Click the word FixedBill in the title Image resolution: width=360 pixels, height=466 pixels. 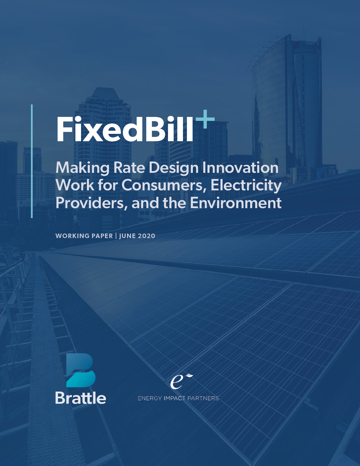[x=124, y=129]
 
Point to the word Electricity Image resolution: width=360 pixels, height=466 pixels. [x=246, y=185]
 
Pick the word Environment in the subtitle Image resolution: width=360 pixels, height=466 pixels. [x=235, y=203]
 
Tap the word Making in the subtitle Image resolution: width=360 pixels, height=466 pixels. [x=82, y=167]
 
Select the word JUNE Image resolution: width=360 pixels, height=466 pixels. [x=128, y=236]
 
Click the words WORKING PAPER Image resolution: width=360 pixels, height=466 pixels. [x=84, y=236]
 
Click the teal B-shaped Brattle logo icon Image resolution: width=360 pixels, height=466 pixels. [x=80, y=370]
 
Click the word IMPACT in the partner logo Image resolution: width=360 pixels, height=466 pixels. [x=174, y=398]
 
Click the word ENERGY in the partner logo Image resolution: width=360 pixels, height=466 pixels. [x=150, y=398]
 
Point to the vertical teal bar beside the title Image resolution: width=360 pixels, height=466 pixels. [x=32, y=161]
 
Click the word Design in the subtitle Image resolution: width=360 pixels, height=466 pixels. [x=174, y=167]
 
